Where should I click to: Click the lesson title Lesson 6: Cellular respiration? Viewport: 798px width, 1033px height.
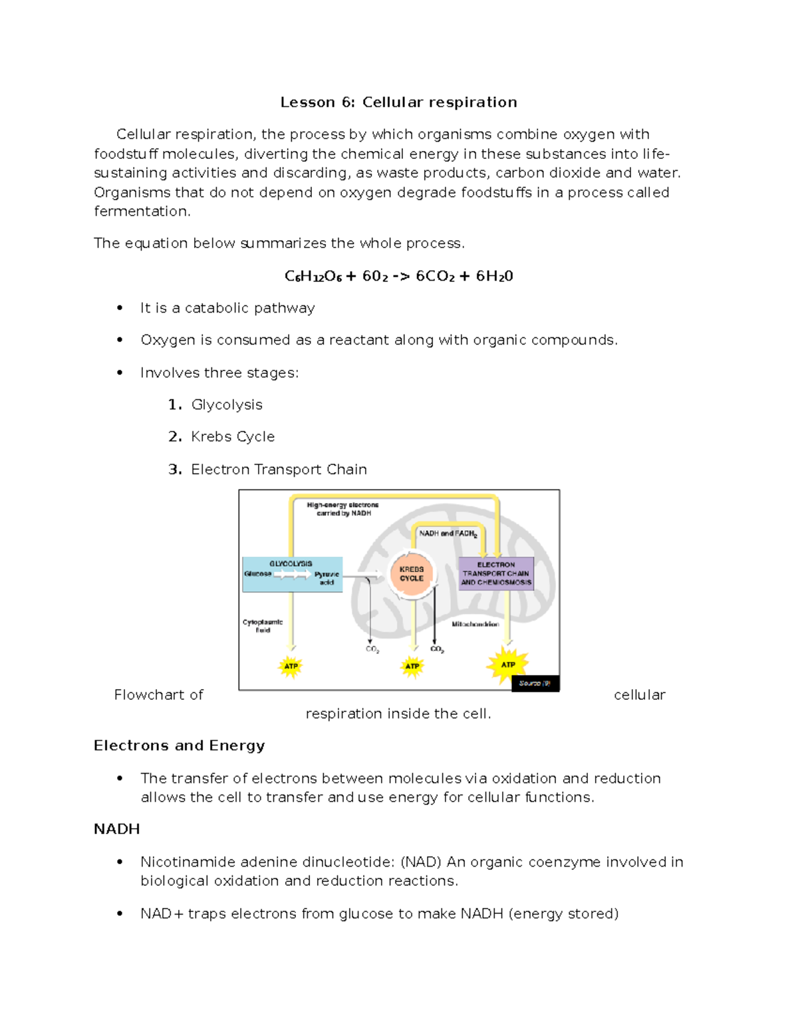click(x=398, y=102)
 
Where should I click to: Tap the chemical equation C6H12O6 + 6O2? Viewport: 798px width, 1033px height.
click(x=398, y=276)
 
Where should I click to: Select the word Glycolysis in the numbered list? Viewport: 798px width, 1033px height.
click(x=227, y=404)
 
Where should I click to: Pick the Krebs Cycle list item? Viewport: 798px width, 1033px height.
click(x=233, y=436)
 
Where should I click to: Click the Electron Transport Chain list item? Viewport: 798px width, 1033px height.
click(x=279, y=469)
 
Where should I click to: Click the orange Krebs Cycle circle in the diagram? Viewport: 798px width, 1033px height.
click(x=412, y=573)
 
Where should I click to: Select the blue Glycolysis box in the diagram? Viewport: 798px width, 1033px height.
click(x=292, y=574)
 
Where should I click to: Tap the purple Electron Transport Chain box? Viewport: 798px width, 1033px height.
click(x=496, y=573)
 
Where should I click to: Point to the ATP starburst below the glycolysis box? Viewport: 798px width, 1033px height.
click(x=291, y=666)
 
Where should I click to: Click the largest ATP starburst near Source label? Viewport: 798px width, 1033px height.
click(x=508, y=664)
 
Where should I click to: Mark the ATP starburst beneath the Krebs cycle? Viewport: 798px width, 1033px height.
click(x=412, y=666)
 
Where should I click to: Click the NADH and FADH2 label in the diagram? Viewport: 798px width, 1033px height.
click(x=448, y=533)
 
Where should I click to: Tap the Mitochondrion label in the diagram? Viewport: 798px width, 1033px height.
click(x=475, y=624)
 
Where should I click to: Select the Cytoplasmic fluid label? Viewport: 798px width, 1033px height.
click(x=262, y=626)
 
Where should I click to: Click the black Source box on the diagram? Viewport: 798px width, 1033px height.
click(x=535, y=683)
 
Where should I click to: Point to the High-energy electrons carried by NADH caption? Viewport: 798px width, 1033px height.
click(x=342, y=509)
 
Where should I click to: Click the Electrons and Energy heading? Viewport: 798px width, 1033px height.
click(x=179, y=746)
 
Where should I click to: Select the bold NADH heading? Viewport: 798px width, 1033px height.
click(x=116, y=829)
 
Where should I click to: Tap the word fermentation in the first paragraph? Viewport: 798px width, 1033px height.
click(x=142, y=212)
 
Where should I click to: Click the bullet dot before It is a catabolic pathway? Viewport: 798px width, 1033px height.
click(x=120, y=308)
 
